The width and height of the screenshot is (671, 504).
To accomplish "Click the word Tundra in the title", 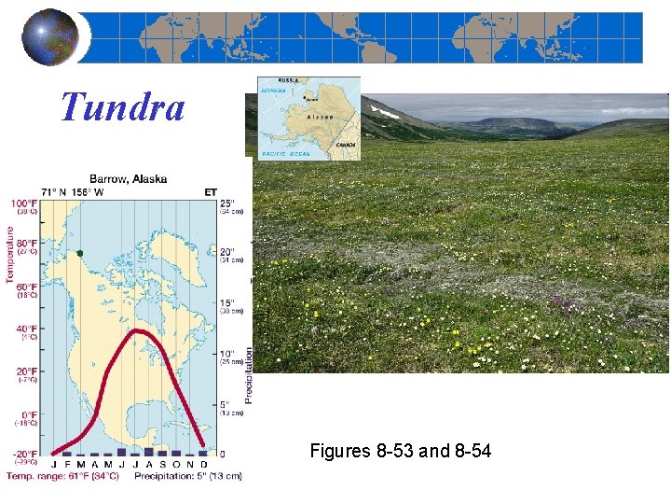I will (122, 107).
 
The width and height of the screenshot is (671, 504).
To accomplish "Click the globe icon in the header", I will (50, 37).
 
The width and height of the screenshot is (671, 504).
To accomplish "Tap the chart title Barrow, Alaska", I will (130, 178).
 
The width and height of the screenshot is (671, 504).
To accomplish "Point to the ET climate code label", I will (212, 192).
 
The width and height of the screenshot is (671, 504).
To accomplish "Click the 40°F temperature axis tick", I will (25, 329).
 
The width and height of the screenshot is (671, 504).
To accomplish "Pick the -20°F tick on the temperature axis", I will (24, 454).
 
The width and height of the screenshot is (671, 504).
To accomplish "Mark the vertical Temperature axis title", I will (10, 251).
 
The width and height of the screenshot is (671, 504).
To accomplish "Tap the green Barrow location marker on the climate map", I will (81, 253).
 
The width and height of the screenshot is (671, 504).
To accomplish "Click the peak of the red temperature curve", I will (138, 331).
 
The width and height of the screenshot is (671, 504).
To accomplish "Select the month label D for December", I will (203, 465).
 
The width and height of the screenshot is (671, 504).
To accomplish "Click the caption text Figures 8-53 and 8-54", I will (400, 452).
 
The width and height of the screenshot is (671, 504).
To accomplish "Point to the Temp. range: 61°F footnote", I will (62, 476).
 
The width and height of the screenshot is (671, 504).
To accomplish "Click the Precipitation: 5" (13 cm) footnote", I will (187, 476).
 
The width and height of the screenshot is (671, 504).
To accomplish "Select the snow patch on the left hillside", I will (386, 111).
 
